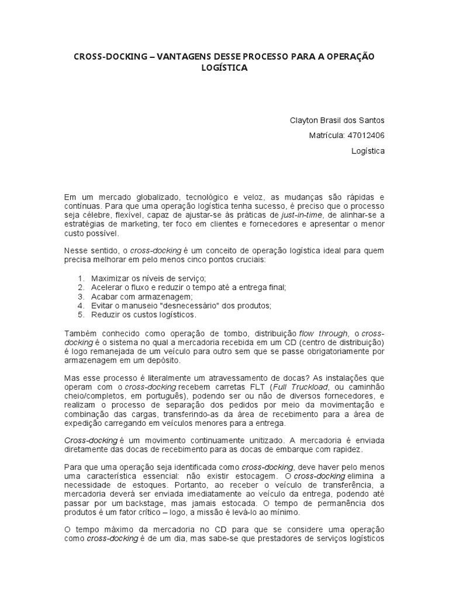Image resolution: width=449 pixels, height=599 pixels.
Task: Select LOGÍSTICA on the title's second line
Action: pyautogui.click(x=224, y=68)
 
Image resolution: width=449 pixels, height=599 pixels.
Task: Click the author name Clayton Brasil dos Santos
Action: pyautogui.click(x=338, y=121)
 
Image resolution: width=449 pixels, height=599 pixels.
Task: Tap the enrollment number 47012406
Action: pyautogui.click(x=366, y=136)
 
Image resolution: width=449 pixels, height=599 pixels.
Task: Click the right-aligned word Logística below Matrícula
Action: pyautogui.click(x=368, y=151)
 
